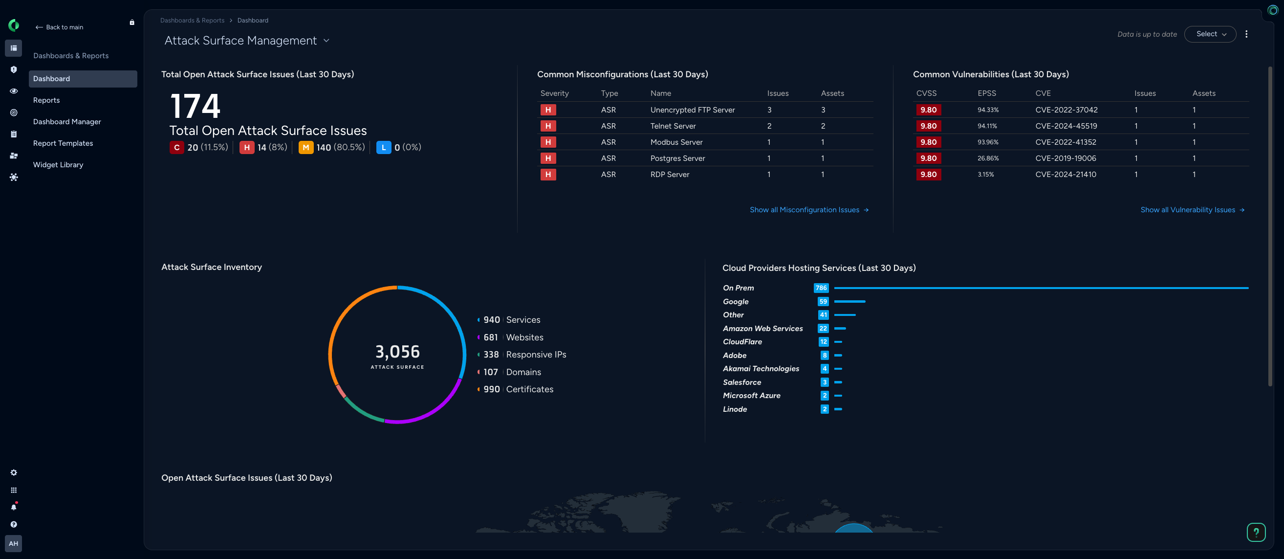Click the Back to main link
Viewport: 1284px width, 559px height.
[59, 27]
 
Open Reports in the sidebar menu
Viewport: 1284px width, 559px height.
[46, 100]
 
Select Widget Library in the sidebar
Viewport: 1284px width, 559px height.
[58, 164]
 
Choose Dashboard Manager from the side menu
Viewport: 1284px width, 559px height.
[67, 122]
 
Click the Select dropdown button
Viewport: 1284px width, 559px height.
[1210, 34]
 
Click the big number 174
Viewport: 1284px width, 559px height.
[195, 106]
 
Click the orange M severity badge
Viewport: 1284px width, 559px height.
[305, 148]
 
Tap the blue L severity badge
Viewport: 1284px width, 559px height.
[383, 148]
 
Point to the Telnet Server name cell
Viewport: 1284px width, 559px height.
[673, 126]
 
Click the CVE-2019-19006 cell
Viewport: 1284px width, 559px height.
[1065, 158]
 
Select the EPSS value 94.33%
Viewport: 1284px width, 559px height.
[987, 110]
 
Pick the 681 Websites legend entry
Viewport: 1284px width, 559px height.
[513, 337]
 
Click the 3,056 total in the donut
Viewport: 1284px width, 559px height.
[397, 352]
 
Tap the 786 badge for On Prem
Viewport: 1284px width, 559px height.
[821, 288]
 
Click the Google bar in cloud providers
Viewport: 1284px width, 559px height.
[849, 302]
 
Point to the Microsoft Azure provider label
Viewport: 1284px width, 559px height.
[751, 396]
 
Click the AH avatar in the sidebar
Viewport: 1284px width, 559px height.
[14, 543]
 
